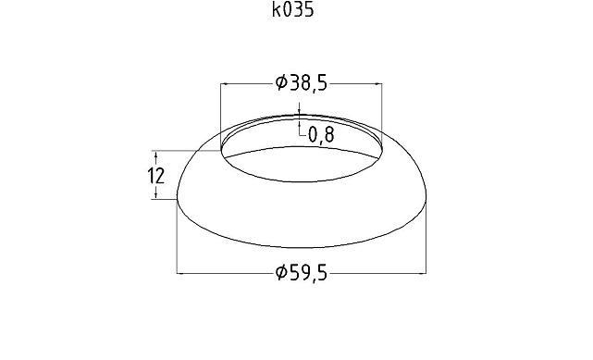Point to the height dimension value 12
pyautogui.click(x=156, y=175)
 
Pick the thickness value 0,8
pyautogui.click(x=320, y=136)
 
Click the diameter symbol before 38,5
pyautogui.click(x=281, y=84)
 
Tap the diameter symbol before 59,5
pyautogui.click(x=281, y=273)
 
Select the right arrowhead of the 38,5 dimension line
pyautogui.click(x=378, y=84)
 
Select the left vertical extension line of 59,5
pyautogui.click(x=177, y=241)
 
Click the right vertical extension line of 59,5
pyautogui.click(x=428, y=241)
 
